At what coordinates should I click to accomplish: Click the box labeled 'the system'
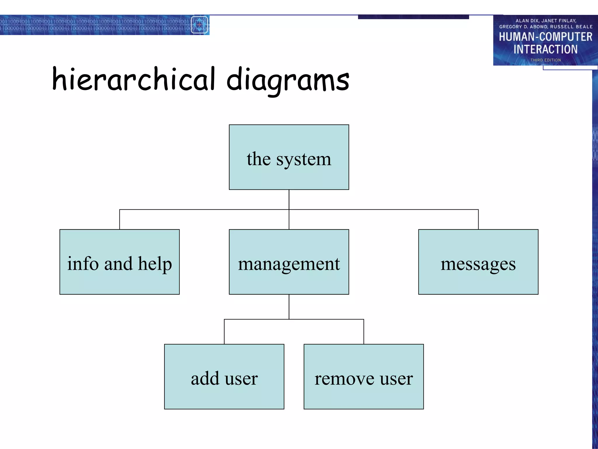289,157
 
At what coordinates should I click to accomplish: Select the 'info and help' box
119,262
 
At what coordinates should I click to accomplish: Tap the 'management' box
289,262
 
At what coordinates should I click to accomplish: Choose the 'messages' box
478,262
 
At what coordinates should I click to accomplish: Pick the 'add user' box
224,377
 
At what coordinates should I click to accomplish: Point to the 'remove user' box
364,377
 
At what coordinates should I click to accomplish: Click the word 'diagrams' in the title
288,80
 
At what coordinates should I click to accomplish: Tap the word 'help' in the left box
155,264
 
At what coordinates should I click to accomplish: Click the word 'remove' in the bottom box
344,379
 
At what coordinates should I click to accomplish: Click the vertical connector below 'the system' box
289,199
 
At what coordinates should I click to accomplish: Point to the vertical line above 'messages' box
478,220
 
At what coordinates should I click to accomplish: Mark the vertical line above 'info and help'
120,220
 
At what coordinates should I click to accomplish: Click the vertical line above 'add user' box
224,332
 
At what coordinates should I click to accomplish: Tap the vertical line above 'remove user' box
364,332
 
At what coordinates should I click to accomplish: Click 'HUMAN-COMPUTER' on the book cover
545,37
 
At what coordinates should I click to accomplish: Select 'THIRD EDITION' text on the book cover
545,60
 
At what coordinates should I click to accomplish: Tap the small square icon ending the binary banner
199,25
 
